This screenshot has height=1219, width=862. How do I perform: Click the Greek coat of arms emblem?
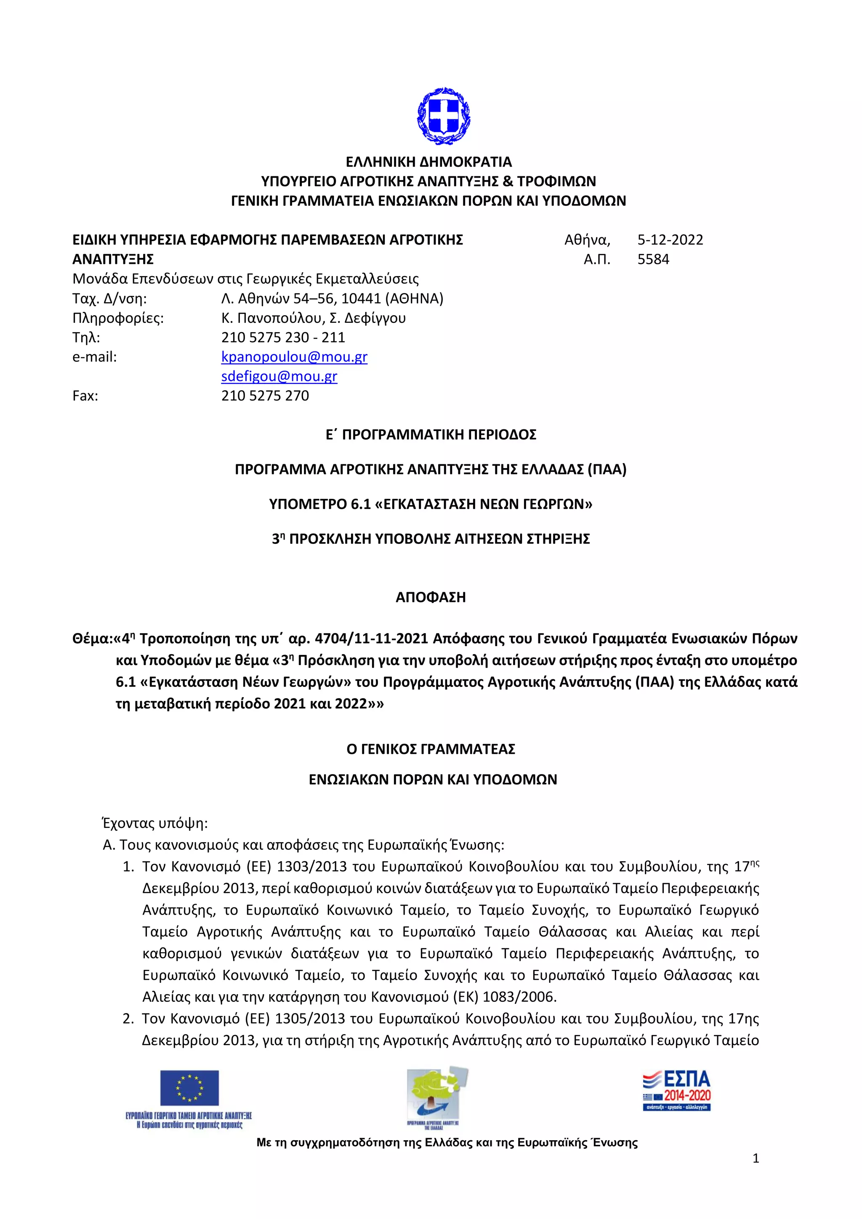(444, 117)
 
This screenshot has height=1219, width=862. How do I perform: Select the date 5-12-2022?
(670, 240)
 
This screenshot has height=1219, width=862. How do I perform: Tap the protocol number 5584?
(653, 260)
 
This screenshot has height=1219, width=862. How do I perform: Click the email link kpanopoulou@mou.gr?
(294, 357)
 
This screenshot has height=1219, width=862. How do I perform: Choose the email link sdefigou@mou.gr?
(279, 376)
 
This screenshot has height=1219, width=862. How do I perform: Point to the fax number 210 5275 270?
(265, 396)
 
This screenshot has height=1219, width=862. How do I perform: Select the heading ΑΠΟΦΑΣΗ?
(431, 597)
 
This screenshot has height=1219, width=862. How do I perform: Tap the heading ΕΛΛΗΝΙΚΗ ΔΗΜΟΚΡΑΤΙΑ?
(429, 162)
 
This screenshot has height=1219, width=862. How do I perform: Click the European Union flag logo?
(189, 1088)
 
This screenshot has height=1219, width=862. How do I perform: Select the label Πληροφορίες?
(118, 318)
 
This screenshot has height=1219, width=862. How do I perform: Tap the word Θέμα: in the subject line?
(92, 639)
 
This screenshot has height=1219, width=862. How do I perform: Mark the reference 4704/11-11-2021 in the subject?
(372, 639)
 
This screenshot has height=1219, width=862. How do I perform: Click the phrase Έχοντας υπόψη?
(154, 823)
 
